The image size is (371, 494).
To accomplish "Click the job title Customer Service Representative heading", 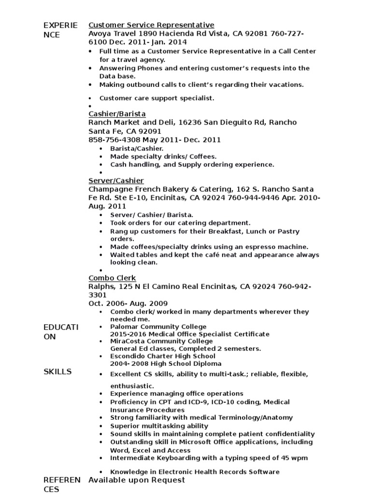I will coord(151,25).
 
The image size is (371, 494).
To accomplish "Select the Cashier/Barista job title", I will coord(117,114).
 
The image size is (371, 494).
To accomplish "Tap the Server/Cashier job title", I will coord(116,180).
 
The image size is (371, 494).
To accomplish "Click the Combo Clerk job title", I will coord(112,278).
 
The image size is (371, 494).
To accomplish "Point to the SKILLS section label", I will coord(57,371).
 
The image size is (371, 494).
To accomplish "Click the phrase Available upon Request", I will coord(137,480).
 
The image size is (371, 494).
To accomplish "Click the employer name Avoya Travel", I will coord(112,34).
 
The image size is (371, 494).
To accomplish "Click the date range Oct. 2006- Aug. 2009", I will coord(128,303).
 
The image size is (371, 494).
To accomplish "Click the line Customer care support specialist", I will coord(157,98).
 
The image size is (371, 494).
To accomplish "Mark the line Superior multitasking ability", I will coord(159,426).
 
